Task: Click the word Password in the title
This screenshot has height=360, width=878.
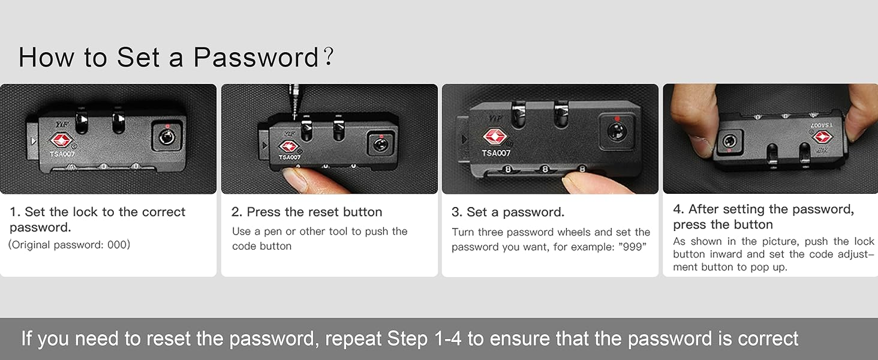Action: click(x=256, y=58)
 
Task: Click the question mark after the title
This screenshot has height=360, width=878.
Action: click(x=329, y=56)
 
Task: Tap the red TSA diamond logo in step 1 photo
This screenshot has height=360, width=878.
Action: click(x=61, y=140)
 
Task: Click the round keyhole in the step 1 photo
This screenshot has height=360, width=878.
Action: click(x=167, y=137)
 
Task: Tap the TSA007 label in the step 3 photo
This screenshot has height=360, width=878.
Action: click(x=496, y=153)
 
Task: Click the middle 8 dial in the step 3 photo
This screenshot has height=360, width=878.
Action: click(x=545, y=169)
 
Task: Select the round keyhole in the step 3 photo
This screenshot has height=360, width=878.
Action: click(x=617, y=131)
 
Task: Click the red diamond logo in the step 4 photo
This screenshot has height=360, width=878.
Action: click(x=822, y=137)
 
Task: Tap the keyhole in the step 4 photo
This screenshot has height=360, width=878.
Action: click(x=729, y=140)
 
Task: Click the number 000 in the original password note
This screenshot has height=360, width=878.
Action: click(x=117, y=245)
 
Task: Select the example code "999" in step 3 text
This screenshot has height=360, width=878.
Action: click(x=632, y=247)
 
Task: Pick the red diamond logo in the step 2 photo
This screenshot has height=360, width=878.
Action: click(x=289, y=146)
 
